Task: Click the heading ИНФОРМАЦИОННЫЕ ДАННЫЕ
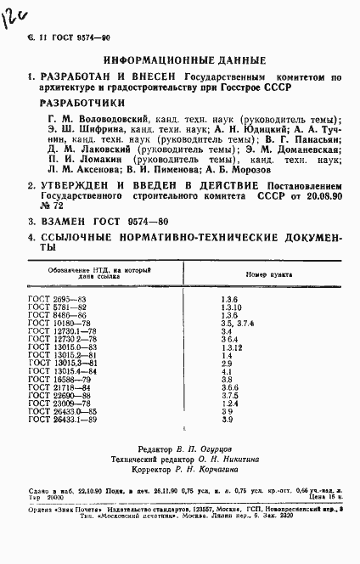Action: (178, 60)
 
